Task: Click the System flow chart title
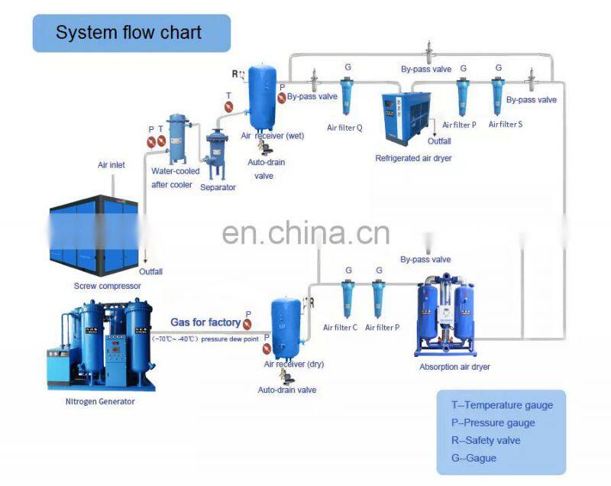(128, 33)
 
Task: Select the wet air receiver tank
(263, 98)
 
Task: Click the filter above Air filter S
(498, 96)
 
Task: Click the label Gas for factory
(205, 322)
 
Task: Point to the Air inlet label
(111, 164)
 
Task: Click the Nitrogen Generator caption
(101, 401)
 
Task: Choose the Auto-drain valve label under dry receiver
(287, 390)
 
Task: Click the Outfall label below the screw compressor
(150, 271)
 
